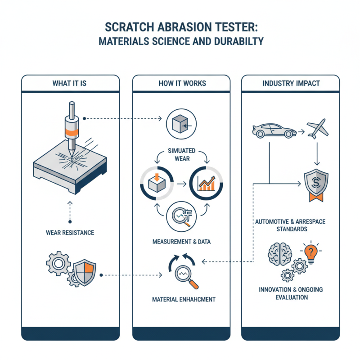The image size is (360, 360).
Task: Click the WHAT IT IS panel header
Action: click(x=70, y=83)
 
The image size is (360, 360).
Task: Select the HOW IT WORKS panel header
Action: click(x=182, y=83)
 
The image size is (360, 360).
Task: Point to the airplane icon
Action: click(x=318, y=129)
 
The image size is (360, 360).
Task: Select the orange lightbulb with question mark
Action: click(x=312, y=253)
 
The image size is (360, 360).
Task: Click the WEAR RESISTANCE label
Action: click(x=70, y=233)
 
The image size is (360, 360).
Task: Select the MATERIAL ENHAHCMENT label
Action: click(x=182, y=299)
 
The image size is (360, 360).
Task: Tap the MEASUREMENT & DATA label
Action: click(x=182, y=242)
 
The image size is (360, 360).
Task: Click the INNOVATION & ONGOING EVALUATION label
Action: click(x=290, y=293)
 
